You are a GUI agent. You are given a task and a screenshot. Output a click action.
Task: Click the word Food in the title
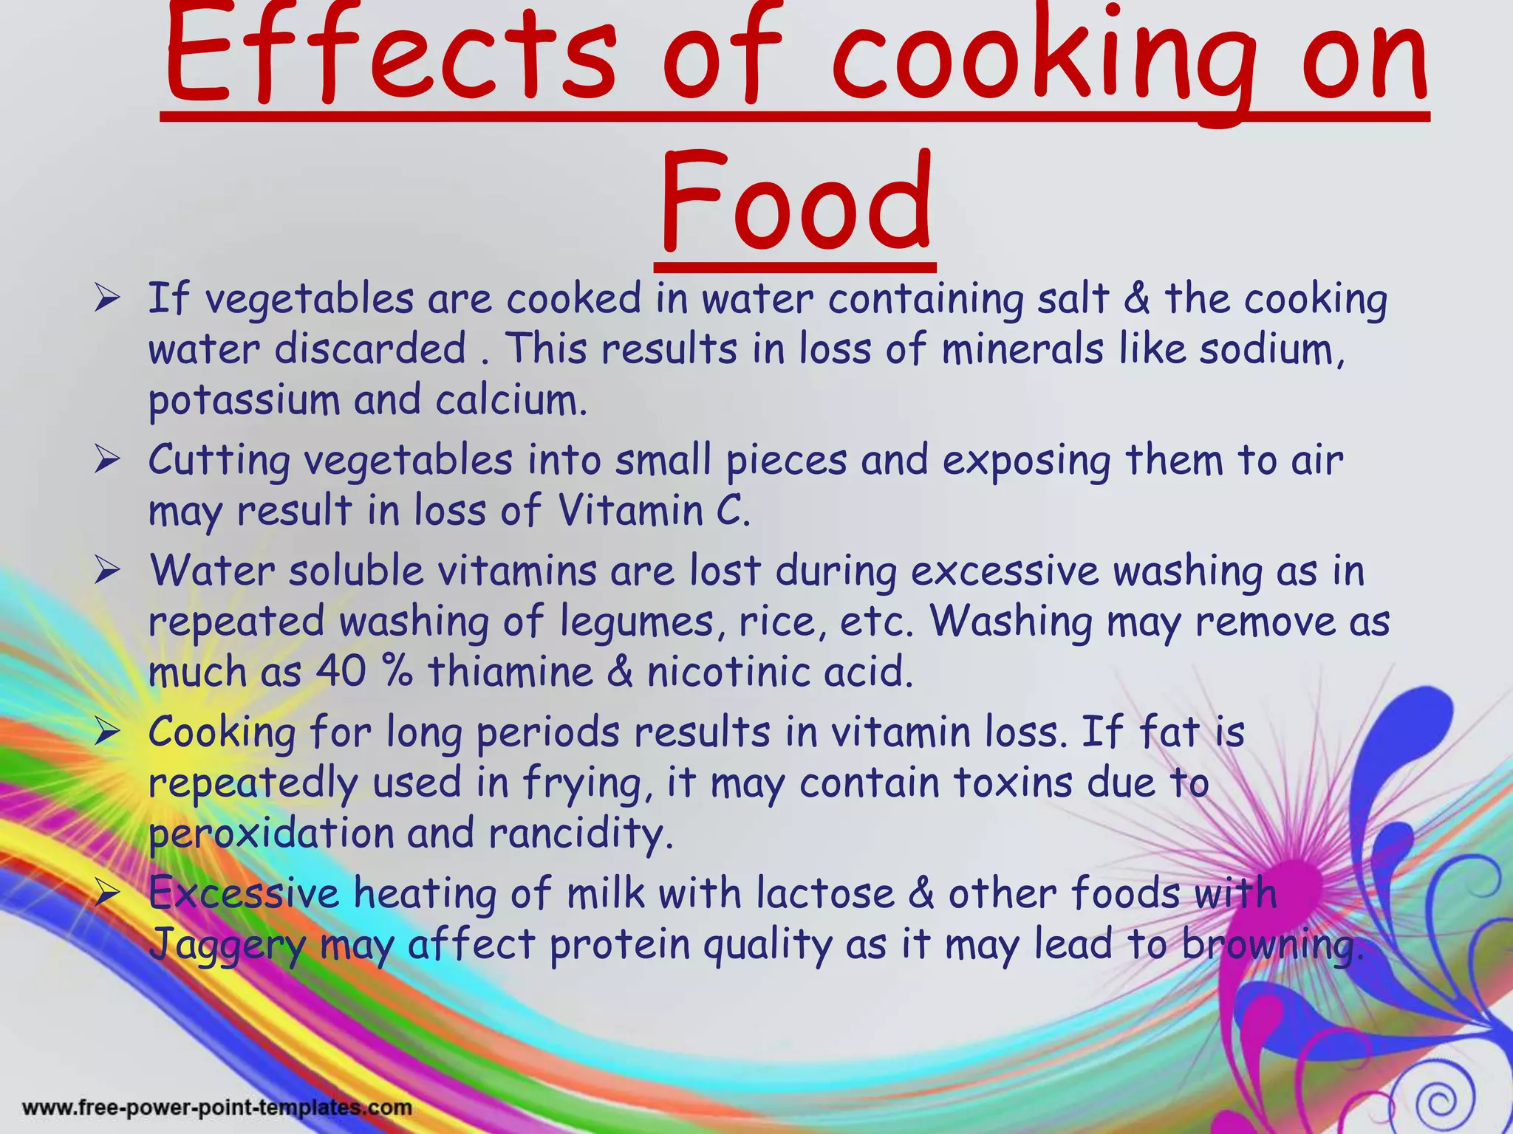pyautogui.click(x=795, y=203)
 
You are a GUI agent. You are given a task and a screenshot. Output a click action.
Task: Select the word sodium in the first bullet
pyautogui.click(x=1271, y=348)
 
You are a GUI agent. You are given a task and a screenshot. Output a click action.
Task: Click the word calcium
pyautogui.click(x=510, y=400)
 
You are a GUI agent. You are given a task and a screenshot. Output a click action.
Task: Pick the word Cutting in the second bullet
pyautogui.click(x=219, y=461)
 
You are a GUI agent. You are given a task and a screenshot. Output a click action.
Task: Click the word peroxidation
pyautogui.click(x=272, y=834)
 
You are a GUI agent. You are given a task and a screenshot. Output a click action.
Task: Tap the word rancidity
pyautogui.click(x=581, y=834)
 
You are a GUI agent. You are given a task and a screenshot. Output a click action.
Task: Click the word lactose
pyautogui.click(x=825, y=893)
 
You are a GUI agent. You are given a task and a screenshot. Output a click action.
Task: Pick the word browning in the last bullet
pyautogui.click(x=1271, y=944)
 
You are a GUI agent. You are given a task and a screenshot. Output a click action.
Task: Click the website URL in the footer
pyautogui.click(x=217, y=1107)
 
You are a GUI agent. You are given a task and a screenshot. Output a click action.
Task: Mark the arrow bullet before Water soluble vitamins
pyautogui.click(x=108, y=571)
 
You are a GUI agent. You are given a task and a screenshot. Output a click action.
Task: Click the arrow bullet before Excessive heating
pyautogui.click(x=108, y=893)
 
